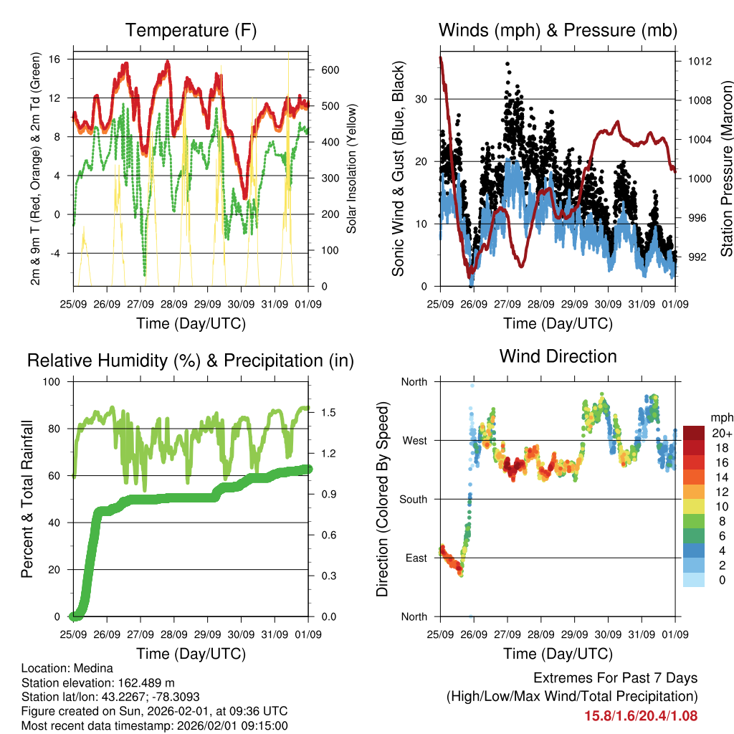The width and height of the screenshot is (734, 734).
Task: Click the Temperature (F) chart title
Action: tap(191, 30)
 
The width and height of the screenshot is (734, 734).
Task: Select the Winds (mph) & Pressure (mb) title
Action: tap(558, 30)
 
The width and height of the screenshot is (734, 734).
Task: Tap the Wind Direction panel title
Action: tap(558, 356)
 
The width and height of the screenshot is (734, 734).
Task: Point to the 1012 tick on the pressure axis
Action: tap(697, 61)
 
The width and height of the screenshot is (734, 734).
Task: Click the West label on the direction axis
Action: tap(414, 440)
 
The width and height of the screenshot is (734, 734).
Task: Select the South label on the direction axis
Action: tap(413, 499)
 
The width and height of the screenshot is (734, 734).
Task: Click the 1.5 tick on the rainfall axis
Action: tap(329, 412)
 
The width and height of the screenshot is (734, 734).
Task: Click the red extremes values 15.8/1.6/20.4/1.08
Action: tap(641, 715)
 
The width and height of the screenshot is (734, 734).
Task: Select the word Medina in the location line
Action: tap(85, 668)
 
